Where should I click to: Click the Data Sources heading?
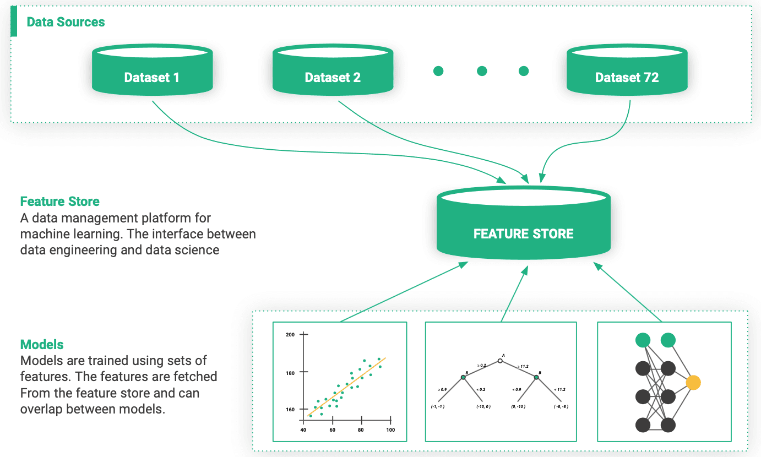coord(66,22)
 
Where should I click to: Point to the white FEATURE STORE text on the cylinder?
coord(523,233)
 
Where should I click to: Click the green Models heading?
coord(42,345)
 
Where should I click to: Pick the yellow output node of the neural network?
coord(693,382)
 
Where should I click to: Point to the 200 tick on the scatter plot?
coord(290,335)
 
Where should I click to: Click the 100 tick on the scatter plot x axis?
coord(390,430)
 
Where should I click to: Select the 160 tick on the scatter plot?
coord(290,409)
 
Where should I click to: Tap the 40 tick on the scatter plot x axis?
coord(303,430)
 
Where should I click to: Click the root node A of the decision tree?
coord(500,361)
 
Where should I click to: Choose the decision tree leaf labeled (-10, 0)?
coord(483,406)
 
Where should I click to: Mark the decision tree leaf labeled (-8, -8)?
coord(561,406)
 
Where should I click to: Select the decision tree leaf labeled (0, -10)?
coord(518,406)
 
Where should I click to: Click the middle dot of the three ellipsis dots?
coord(482,71)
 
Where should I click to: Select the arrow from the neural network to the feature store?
coord(628,292)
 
